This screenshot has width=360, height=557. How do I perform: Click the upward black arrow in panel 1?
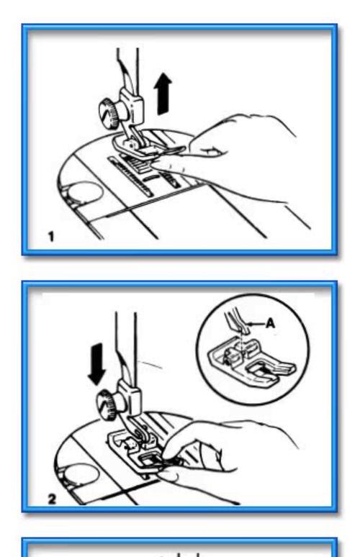pos(163,94)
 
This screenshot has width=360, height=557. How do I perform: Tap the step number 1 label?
pos(52,237)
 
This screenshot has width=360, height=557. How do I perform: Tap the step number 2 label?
pos(52,499)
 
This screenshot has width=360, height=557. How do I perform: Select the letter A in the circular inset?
pos(271,323)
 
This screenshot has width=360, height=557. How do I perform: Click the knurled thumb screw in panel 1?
pos(109,112)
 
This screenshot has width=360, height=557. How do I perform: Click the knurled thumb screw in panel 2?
pos(108,404)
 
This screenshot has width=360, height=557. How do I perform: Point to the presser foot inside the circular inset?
pos(251,362)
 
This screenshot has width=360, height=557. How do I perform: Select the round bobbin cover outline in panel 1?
pos(84,194)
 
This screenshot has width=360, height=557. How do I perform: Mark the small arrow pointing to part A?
pos(256,324)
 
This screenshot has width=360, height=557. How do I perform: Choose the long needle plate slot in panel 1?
pos(130,176)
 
